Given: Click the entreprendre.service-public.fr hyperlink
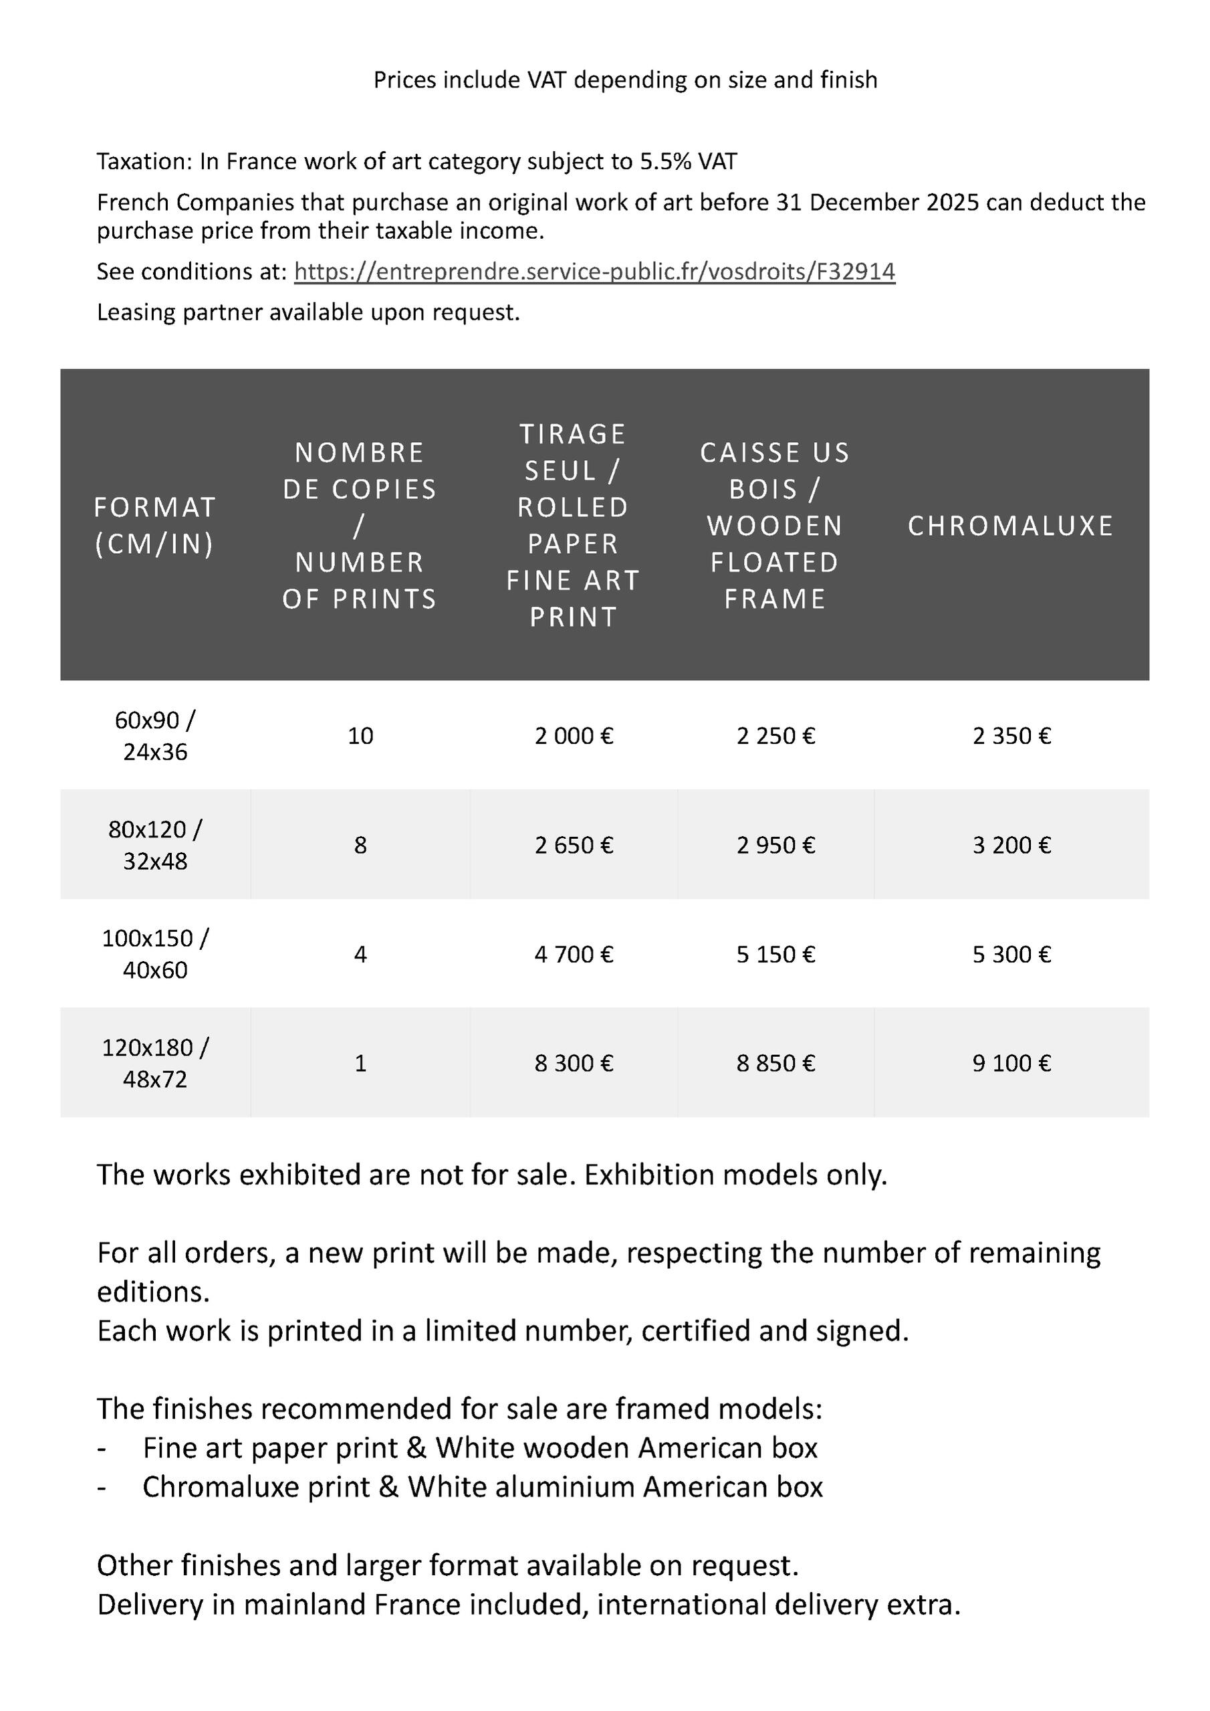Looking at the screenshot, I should (x=594, y=272).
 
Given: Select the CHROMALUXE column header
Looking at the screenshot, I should (x=1010, y=526).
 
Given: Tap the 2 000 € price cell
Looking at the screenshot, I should (x=574, y=736).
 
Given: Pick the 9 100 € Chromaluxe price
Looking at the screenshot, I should (x=1011, y=1062).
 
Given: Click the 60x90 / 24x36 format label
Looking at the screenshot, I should (x=155, y=736).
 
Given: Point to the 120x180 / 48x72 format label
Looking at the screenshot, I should (x=155, y=1062).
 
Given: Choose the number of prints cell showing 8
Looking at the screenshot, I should (x=360, y=845).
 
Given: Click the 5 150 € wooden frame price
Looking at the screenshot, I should (x=775, y=954).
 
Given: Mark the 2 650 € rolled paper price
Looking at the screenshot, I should (x=574, y=845).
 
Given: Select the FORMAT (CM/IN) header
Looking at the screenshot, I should (x=155, y=526).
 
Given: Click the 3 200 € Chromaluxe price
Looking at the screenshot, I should (x=1011, y=845).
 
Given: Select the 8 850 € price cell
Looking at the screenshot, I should (x=775, y=1062).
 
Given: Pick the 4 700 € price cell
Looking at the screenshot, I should (x=574, y=954).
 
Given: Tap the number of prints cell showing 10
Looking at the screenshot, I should (x=360, y=736).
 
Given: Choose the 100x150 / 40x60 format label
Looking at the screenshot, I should (x=155, y=954).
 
